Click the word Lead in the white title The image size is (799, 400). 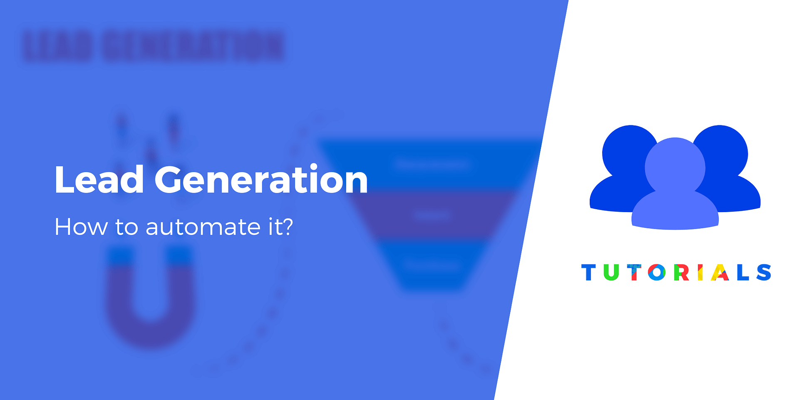tap(99, 180)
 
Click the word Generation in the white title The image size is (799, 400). tap(261, 180)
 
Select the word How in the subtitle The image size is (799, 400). tap(81, 227)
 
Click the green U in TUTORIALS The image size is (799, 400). tap(611, 272)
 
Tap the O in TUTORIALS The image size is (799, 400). tap(657, 272)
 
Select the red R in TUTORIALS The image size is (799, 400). tap(681, 272)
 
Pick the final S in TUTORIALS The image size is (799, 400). tap(764, 272)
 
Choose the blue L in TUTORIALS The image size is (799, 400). tap(743, 272)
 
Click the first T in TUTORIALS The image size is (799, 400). tap(588, 272)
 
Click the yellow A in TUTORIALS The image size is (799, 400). tap(720, 272)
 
